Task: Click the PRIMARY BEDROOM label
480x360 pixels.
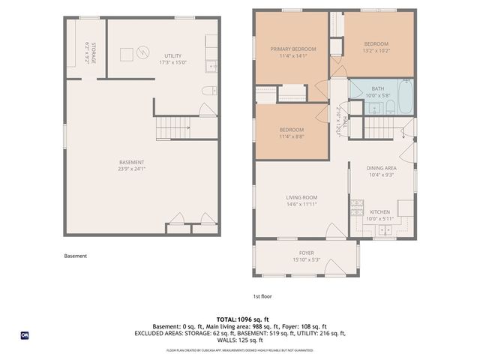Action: (293, 49)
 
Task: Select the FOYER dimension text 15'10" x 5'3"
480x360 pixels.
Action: (307, 260)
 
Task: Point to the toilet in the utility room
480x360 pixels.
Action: (208, 91)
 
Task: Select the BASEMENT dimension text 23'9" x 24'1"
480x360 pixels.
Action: (131, 169)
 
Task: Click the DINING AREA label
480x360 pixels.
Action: (380, 168)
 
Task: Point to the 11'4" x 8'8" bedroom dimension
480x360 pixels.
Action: (291, 136)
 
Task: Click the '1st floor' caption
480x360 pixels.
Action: (262, 296)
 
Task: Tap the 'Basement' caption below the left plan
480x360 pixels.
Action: (75, 256)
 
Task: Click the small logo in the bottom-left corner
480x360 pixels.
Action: (25, 335)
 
